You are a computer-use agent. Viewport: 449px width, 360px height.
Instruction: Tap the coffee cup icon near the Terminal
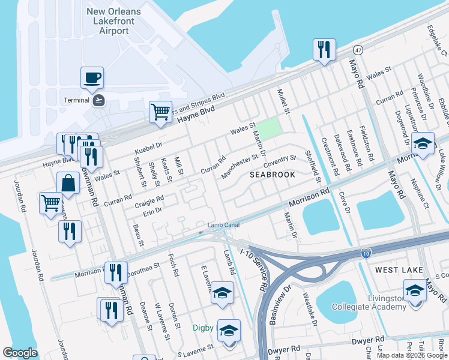92,77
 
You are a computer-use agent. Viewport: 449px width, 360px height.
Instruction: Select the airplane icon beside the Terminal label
99,100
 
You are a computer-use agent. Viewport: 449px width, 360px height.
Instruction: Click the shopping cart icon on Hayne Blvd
160,112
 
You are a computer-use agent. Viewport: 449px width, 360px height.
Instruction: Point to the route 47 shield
357,49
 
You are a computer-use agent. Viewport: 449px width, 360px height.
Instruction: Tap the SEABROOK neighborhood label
273,175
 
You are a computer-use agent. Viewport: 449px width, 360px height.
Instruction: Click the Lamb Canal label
220,225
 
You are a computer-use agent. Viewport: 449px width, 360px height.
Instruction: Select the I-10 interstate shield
366,254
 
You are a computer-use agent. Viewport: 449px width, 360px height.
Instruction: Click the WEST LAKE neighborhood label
399,271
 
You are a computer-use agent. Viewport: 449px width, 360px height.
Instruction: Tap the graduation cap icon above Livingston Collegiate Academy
414,290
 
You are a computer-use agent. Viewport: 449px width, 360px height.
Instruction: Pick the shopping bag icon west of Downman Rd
68,183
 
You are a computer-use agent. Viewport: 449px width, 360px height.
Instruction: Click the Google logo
20,353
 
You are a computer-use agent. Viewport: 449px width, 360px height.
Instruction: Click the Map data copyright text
411,355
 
